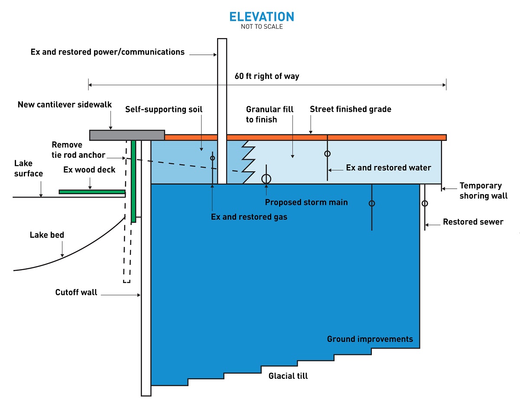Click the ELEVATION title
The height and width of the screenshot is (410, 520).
click(x=261, y=17)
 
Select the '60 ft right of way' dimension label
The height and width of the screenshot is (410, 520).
click(x=267, y=76)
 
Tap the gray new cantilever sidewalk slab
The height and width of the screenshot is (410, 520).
click(x=127, y=135)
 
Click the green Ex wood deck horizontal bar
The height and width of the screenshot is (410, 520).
click(x=92, y=192)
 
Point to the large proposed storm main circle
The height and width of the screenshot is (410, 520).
click(x=266, y=179)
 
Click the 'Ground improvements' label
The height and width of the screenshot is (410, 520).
click(x=370, y=339)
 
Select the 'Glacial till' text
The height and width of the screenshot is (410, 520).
click(x=288, y=376)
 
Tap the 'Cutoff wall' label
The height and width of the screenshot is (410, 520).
click(x=76, y=293)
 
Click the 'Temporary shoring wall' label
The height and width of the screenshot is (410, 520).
click(x=483, y=191)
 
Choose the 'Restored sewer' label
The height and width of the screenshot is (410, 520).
click(x=473, y=222)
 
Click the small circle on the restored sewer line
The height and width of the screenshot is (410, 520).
click(x=425, y=203)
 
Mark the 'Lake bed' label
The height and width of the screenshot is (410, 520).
click(x=47, y=235)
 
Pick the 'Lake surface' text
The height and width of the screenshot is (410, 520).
click(x=29, y=169)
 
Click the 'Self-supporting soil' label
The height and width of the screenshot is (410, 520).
click(x=164, y=110)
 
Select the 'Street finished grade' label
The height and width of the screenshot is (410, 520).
click(x=350, y=109)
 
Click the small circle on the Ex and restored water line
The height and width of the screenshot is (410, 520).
click(x=328, y=153)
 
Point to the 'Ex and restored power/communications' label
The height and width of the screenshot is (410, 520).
click(x=107, y=52)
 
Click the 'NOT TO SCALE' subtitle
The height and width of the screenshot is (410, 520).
click(x=261, y=27)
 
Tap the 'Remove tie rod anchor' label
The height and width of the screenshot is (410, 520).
click(x=78, y=150)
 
